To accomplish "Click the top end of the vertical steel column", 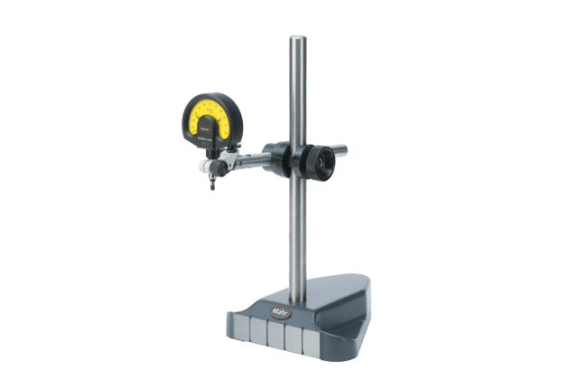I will pyautogui.click(x=296, y=41).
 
